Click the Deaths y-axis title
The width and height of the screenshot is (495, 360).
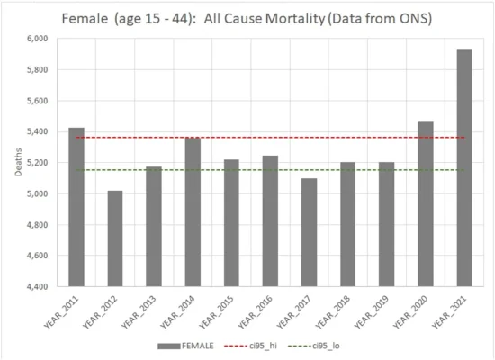pyautogui.click(x=18, y=163)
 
